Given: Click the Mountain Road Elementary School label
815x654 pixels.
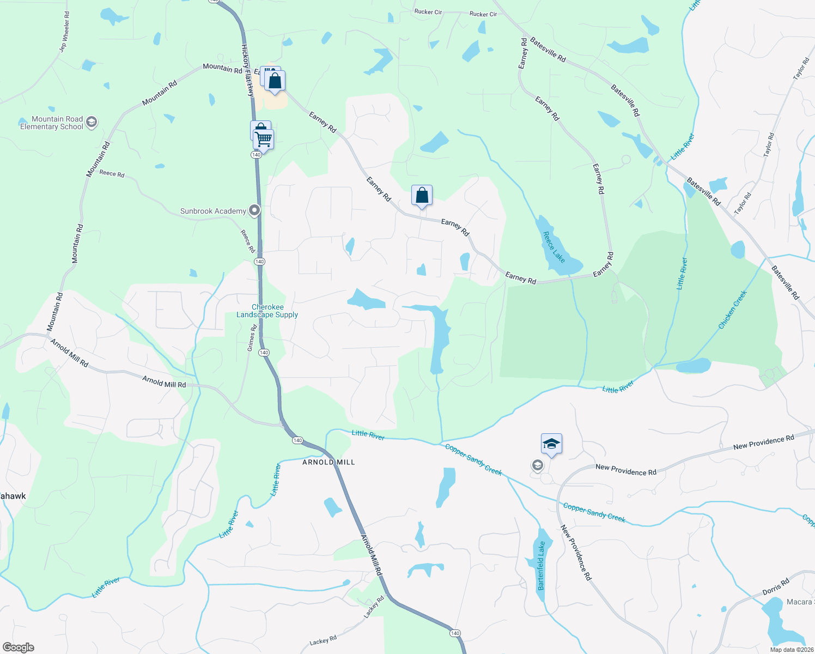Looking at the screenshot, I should coord(52,123).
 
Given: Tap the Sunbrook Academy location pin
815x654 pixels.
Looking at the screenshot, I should coord(254,210).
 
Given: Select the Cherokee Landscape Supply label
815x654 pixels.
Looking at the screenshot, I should coord(267,311).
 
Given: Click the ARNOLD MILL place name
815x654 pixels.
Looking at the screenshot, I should coord(329,462).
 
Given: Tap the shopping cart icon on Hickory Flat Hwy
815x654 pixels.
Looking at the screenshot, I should coord(264,140).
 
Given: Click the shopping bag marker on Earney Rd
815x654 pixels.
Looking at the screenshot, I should coord(422,195).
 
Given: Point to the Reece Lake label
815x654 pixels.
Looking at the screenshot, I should coord(554,247).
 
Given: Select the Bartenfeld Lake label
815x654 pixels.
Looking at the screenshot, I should coord(541,566).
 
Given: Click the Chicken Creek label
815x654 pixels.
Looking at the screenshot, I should coord(733,310).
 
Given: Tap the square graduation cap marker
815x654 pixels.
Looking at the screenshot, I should coord(551,444).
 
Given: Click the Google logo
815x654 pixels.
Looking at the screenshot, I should coord(18,647).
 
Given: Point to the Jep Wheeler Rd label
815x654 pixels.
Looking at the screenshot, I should coord(64,32).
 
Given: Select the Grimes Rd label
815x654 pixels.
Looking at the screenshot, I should coord(252,338).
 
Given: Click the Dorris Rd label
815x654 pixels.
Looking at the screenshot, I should coord(776,587).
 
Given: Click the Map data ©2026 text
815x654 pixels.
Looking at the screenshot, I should coord(791,650).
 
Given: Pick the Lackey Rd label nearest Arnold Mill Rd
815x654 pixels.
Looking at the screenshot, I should coord(374,607).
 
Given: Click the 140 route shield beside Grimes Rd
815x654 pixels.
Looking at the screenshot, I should coord(264,353).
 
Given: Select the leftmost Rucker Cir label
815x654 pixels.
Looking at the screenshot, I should coord(428,12).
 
